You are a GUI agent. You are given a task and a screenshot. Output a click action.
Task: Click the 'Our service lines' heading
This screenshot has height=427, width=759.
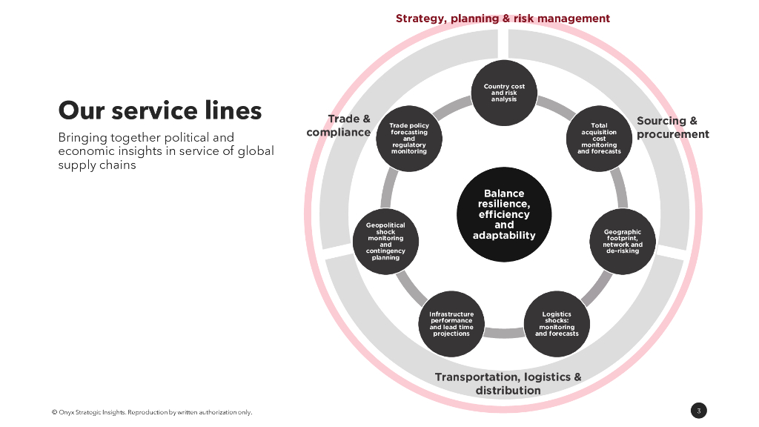160,110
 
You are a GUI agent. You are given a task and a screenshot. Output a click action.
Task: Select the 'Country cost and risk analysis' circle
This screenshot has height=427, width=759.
504,93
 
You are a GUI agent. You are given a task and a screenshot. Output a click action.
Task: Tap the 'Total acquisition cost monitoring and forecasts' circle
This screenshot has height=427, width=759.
599,139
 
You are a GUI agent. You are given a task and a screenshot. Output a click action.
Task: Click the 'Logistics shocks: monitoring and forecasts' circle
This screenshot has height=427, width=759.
557,324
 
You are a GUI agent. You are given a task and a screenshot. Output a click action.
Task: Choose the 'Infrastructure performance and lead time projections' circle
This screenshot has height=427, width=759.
451,324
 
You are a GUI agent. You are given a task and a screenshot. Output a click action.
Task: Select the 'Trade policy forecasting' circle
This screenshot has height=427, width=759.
409,139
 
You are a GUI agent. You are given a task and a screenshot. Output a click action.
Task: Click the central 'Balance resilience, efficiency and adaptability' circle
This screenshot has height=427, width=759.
504,214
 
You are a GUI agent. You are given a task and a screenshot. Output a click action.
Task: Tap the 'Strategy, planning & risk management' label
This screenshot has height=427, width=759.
503,19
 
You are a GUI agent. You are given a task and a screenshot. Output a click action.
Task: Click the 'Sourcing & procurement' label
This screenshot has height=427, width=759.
672,128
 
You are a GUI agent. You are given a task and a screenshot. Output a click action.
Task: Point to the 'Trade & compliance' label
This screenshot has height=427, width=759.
339,125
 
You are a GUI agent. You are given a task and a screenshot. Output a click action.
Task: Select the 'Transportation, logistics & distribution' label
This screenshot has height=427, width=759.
508,383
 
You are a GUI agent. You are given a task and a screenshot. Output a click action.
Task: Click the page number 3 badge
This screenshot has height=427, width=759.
699,411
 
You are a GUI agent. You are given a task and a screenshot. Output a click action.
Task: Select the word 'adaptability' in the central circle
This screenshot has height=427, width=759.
504,236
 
